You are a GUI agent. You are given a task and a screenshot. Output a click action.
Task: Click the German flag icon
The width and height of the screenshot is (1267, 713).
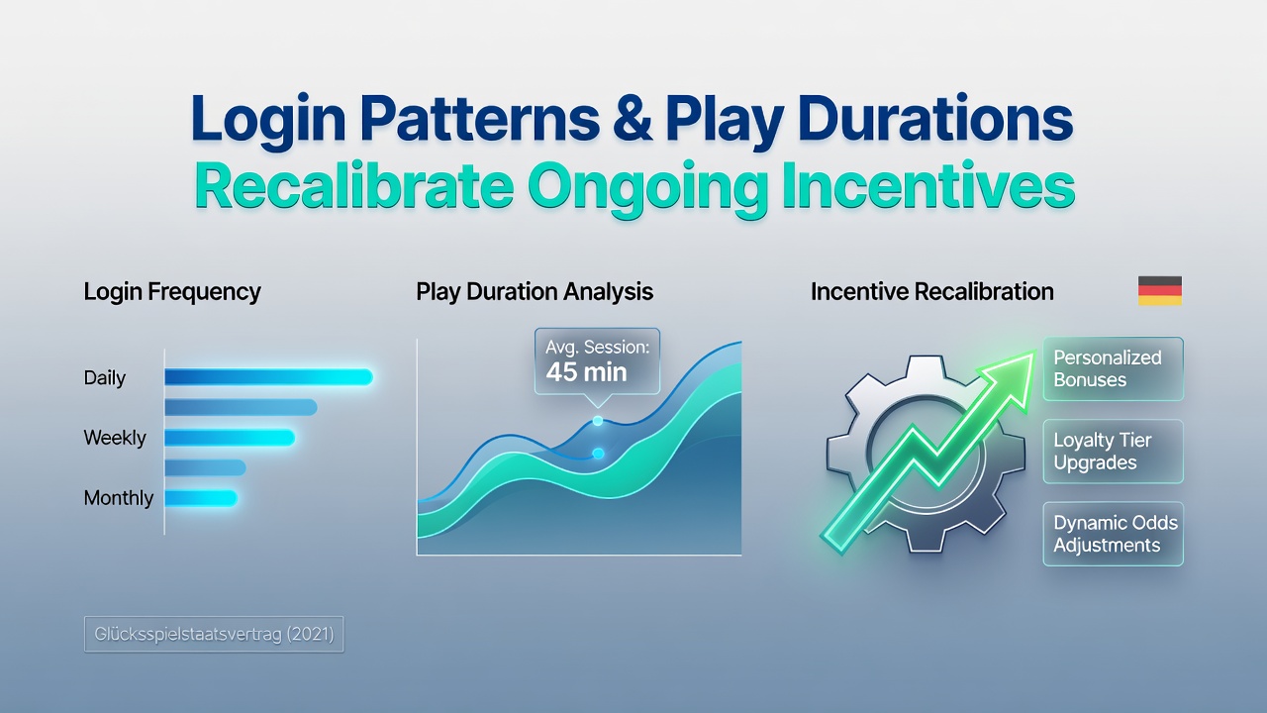tap(1159, 291)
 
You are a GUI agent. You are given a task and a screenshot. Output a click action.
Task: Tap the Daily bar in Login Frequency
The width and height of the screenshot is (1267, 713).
tap(268, 377)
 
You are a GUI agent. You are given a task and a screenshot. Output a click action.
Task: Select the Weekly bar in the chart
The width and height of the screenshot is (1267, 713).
tap(230, 438)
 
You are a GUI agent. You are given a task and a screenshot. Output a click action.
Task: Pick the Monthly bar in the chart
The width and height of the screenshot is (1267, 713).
tap(201, 498)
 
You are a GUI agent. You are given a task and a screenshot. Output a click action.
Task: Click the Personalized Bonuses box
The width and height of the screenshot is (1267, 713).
tap(1114, 369)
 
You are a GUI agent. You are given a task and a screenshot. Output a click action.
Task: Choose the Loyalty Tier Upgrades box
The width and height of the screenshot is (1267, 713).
tap(1114, 452)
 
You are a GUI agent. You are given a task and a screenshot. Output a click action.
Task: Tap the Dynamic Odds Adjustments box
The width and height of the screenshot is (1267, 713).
tap(1114, 534)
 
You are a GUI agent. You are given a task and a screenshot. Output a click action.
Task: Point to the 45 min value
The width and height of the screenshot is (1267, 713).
tap(587, 372)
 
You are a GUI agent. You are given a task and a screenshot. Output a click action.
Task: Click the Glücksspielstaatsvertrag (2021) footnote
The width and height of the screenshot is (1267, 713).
tap(214, 635)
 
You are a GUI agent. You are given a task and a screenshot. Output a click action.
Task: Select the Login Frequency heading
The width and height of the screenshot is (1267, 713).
tap(172, 292)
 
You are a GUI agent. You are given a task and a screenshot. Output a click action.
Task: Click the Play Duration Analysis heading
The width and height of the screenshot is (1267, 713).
tap(535, 292)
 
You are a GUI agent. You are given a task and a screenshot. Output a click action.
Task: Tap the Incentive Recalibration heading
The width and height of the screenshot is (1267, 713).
tap(932, 292)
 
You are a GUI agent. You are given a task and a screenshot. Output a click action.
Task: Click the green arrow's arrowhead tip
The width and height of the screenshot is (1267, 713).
tap(1034, 352)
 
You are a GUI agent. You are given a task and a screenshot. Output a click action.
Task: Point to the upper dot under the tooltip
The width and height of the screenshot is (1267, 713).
tap(597, 421)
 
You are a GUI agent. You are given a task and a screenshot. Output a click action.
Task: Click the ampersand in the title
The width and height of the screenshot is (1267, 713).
tap(633, 120)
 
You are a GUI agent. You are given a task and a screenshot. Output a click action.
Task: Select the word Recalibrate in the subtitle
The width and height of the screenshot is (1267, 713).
tap(354, 185)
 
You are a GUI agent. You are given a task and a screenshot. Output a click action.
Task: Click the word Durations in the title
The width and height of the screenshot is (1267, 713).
tap(935, 120)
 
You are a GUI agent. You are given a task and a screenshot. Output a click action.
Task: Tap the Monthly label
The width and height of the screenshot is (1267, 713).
tap(118, 498)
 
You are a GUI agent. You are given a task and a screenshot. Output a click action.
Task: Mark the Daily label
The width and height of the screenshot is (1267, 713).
tap(105, 378)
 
